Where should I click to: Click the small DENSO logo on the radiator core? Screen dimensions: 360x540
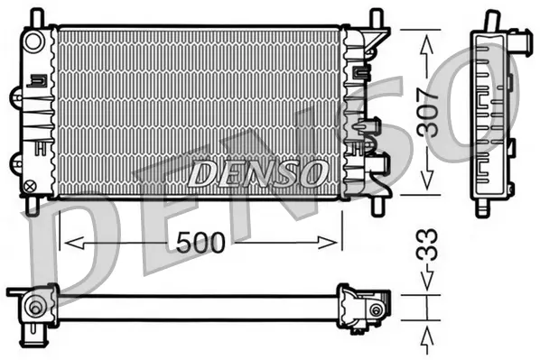(257, 171)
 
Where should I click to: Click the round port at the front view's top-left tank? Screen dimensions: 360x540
(33, 42)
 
